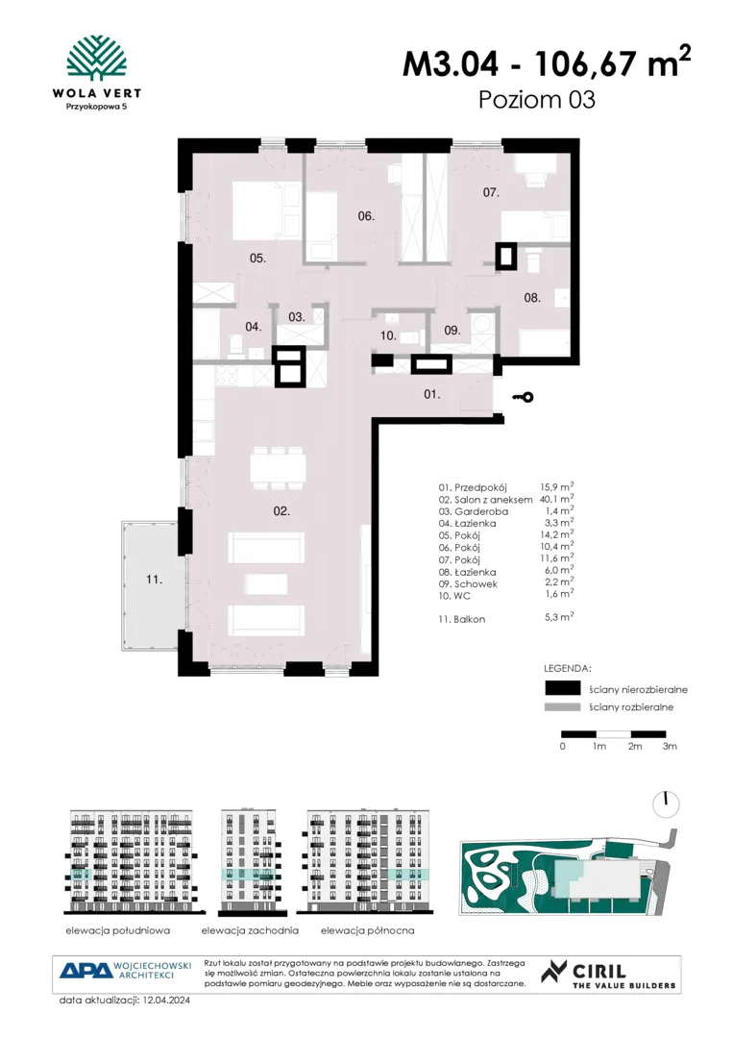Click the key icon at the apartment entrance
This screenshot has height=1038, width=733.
[523, 397]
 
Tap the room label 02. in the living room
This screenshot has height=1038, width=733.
[281, 511]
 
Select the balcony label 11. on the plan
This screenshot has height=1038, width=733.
[154, 580]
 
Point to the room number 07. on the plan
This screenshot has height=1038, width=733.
[491, 192]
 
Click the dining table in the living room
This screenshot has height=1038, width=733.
[278, 468]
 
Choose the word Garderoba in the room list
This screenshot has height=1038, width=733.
[481, 511]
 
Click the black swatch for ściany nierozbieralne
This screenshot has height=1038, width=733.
[562, 688]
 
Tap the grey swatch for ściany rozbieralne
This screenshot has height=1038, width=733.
[562, 707]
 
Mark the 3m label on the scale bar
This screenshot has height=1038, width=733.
[670, 746]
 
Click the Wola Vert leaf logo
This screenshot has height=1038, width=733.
[97, 59]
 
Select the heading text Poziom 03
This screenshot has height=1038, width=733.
[536, 99]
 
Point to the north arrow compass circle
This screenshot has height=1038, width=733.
[666, 803]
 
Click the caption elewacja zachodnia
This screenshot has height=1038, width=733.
[250, 930]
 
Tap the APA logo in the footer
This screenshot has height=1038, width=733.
[86, 971]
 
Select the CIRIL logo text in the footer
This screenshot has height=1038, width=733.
[599, 971]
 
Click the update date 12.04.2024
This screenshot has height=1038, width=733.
[166, 1001]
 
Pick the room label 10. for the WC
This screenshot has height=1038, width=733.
[388, 335]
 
